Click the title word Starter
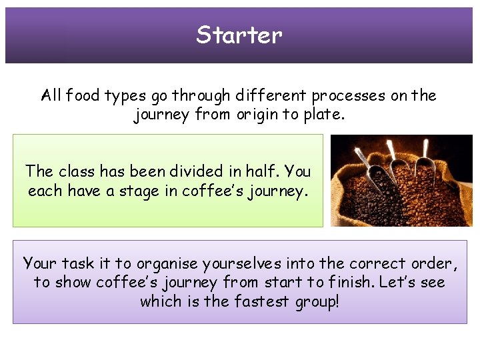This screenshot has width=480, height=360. pyautogui.click(x=239, y=35)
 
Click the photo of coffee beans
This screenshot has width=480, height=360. pyautogui.click(x=401, y=180)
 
